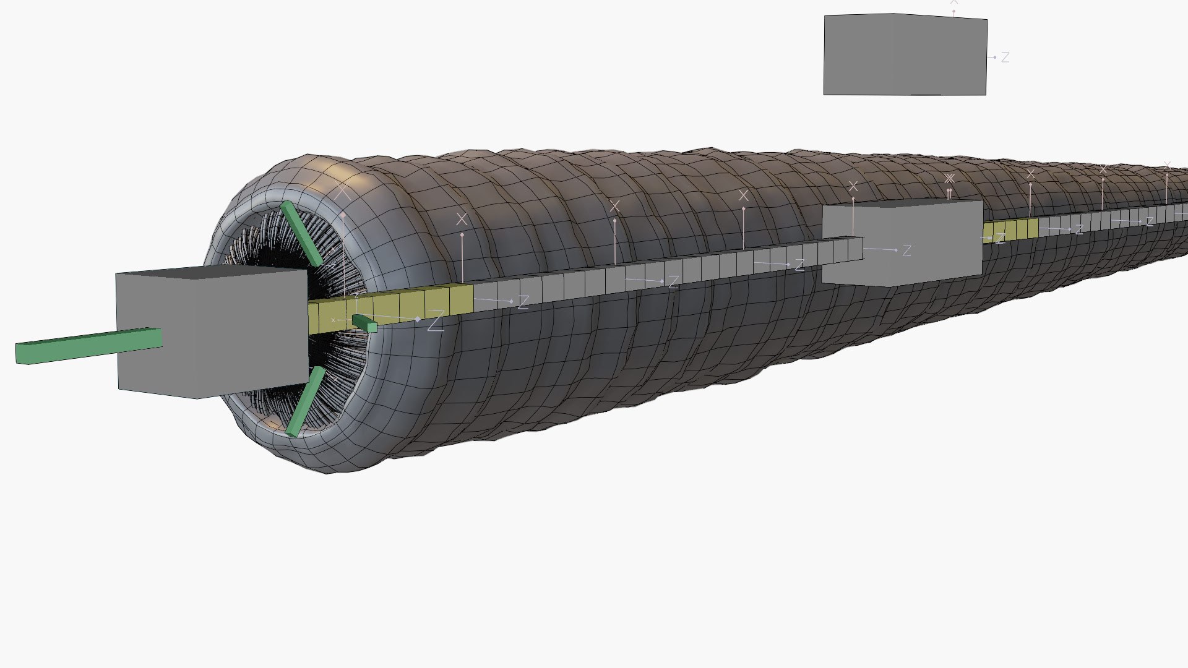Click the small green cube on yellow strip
click(364, 322)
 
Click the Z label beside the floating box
click(1005, 58)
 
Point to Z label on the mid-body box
click(907, 250)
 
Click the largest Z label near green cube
click(436, 322)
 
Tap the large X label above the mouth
click(342, 192)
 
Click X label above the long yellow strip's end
click(462, 219)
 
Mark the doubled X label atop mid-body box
click(950, 179)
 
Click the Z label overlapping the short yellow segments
click(1001, 239)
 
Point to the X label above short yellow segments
click(1031, 174)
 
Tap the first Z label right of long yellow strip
click(523, 302)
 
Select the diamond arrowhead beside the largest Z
click(418, 319)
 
